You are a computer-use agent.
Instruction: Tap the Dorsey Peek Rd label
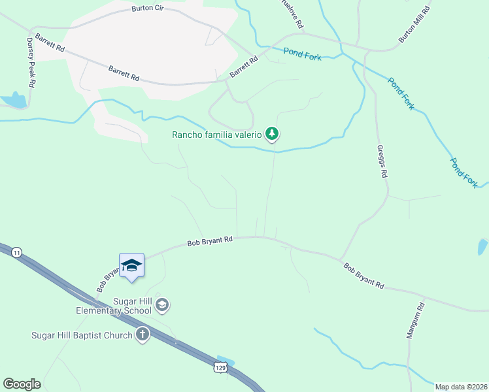[30, 63]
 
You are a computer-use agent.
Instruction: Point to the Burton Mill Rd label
[415, 25]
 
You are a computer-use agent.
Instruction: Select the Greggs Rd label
[384, 162]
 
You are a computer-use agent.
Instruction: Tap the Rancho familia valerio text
[217, 135]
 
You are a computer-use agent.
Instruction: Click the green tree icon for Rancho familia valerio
[272, 135]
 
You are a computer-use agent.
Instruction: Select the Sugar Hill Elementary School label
[114, 305]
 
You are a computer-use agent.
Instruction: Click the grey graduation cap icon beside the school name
[162, 304]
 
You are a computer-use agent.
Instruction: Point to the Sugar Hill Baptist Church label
[82, 335]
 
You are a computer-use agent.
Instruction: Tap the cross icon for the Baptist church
[142, 335]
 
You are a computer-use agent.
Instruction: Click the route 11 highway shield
[17, 252]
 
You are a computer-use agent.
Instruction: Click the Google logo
[22, 384]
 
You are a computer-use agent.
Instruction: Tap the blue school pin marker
[131, 265]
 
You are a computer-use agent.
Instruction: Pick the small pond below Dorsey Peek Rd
[14, 101]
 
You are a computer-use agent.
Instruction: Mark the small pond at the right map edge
[482, 247]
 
